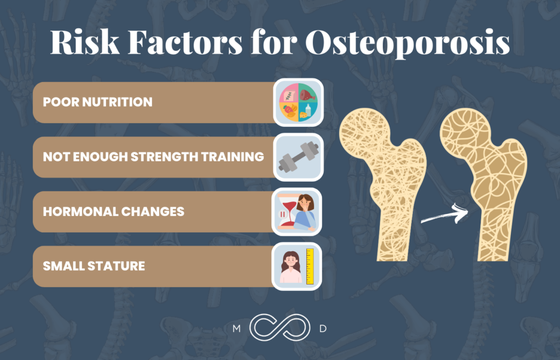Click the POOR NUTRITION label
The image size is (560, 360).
98,102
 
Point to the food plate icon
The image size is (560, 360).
298,102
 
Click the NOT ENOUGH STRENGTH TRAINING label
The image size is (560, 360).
153,157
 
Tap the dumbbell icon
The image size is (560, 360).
298,157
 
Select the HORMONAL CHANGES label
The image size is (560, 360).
114,212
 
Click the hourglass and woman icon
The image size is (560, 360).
298,212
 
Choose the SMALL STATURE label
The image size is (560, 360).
94,266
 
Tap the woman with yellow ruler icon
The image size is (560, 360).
298,266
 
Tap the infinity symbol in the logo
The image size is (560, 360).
280,329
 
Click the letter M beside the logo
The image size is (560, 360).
236,329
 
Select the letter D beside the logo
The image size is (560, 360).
323,329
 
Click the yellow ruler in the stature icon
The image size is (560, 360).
310,266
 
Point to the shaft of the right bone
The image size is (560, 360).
495,230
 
